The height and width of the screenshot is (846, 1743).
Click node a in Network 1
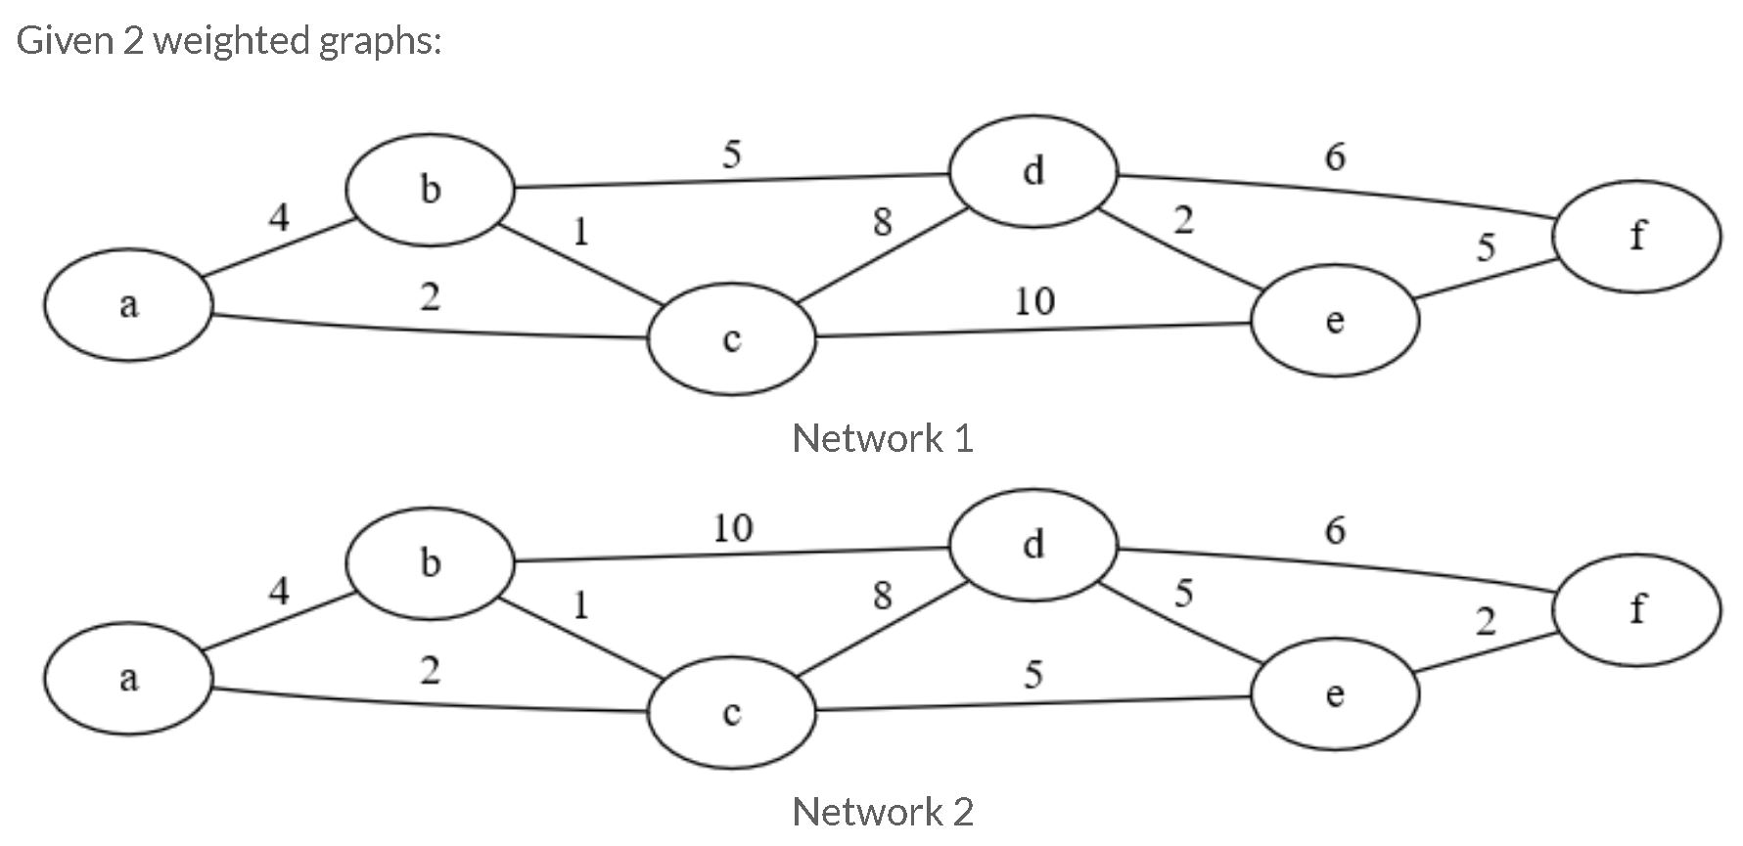[128, 305]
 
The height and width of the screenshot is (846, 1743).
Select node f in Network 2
[1636, 609]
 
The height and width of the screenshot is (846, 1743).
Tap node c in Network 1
[731, 338]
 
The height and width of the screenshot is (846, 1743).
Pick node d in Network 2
[1033, 545]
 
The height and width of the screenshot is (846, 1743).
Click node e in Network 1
[1335, 321]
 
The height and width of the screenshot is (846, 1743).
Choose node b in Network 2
[430, 563]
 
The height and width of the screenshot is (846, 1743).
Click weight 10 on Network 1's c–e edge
[1033, 301]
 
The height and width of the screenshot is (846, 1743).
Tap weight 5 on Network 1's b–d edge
[731, 155]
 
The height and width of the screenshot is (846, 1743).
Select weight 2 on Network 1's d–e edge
[1183, 221]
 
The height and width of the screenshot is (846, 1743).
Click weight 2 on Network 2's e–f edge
[1485, 621]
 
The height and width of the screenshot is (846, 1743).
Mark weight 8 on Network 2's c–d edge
[882, 595]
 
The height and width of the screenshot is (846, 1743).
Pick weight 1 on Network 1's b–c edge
[580, 232]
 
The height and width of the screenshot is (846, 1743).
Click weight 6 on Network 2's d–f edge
[1335, 530]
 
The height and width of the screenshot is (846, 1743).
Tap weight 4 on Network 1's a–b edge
[279, 217]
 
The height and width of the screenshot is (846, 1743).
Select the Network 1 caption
[882, 438]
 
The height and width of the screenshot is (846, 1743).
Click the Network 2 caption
[882, 812]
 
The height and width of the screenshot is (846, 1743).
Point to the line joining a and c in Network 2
[431, 703]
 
